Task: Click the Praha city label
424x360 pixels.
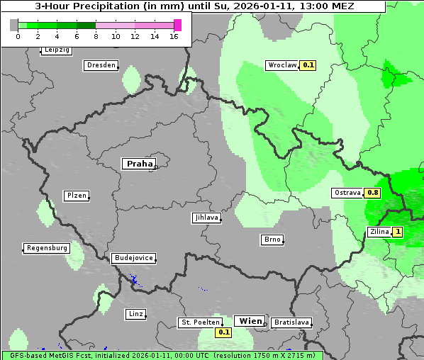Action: tap(139, 164)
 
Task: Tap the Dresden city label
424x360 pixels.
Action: tap(101, 65)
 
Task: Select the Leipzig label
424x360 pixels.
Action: tap(57, 50)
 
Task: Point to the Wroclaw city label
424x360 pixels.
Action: tap(281, 65)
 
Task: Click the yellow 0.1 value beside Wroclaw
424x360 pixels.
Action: tap(308, 65)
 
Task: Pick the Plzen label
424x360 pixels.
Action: tap(76, 196)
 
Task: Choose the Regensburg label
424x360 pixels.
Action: tap(47, 248)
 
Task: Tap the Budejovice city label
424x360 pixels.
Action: tap(133, 258)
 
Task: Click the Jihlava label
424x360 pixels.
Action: tap(206, 218)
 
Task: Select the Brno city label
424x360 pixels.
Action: tap(272, 240)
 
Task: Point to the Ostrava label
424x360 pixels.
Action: tap(347, 193)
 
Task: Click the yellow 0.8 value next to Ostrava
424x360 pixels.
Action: tap(373, 193)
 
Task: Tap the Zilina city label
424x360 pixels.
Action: tap(379, 232)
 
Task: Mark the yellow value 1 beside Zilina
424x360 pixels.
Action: tap(398, 232)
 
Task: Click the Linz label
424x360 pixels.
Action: tap(135, 314)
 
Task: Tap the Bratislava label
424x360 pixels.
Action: tap(291, 322)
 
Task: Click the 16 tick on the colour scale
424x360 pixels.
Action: tap(174, 35)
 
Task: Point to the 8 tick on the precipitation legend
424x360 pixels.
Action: tap(96, 35)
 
